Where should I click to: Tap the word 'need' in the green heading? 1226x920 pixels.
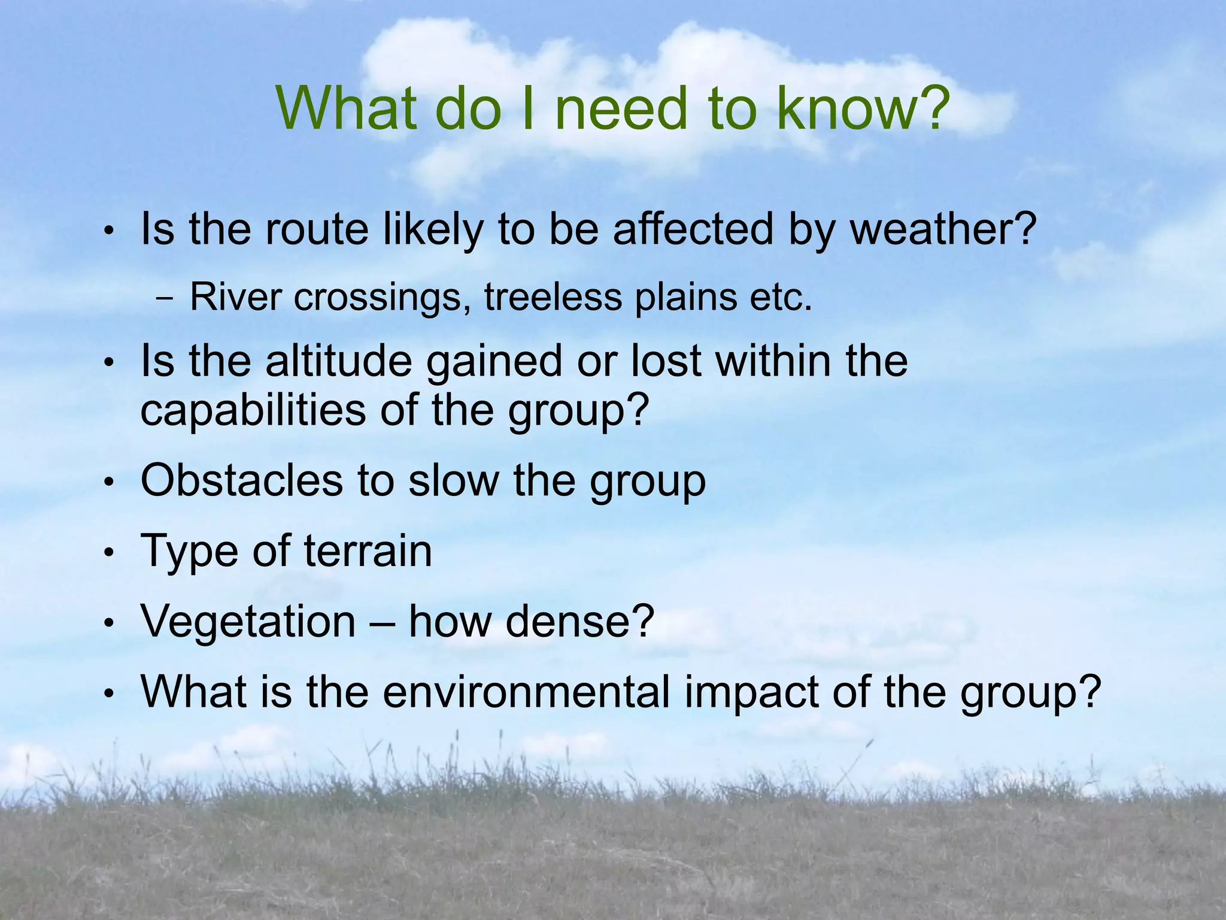tap(620, 108)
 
